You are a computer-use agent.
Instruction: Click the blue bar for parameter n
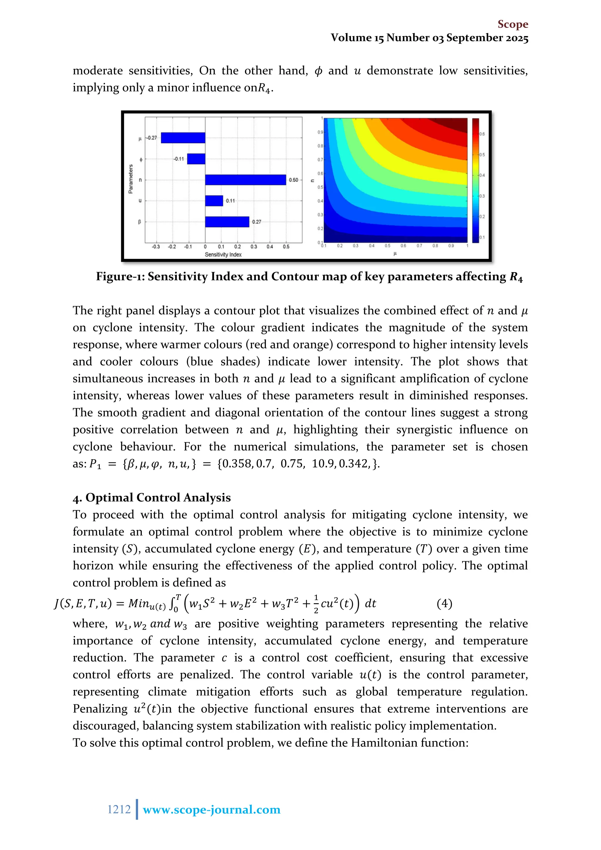(x=245, y=180)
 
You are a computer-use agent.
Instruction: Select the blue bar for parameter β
(x=227, y=222)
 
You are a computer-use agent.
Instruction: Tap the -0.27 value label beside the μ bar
(x=151, y=138)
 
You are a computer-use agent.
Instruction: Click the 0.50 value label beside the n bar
(x=293, y=180)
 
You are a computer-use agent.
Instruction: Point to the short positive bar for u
(x=214, y=201)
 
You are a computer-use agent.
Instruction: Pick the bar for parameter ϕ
(x=196, y=159)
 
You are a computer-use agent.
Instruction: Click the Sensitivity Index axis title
(x=223, y=255)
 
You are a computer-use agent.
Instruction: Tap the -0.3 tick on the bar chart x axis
(x=156, y=247)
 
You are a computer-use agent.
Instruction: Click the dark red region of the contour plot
(x=453, y=124)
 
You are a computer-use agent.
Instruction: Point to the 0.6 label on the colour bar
(x=482, y=134)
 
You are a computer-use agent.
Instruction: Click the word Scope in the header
(x=513, y=24)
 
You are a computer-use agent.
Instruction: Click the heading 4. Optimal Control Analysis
(x=152, y=497)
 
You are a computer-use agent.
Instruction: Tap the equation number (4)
(x=444, y=604)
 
